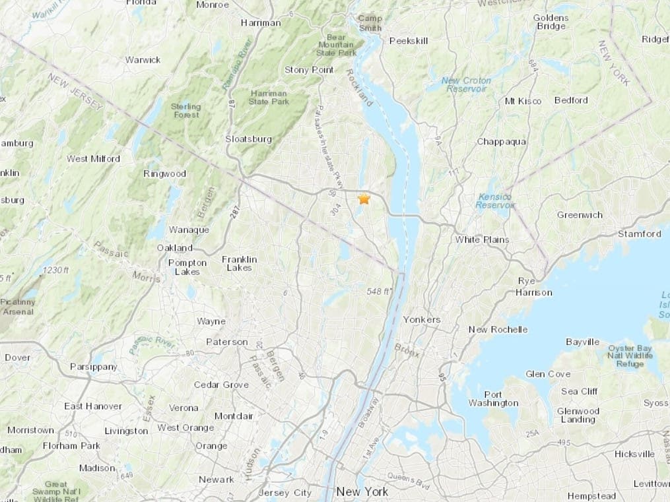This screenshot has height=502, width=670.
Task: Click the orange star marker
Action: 364,199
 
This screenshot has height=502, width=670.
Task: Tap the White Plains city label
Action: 482,239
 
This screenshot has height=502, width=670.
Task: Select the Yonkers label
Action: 421,320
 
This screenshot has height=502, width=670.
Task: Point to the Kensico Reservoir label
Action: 494,201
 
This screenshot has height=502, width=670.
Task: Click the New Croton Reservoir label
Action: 467,84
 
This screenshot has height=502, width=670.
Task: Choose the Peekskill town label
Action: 409,41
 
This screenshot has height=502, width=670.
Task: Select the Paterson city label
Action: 226,342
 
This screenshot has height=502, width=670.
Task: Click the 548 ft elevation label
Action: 380,291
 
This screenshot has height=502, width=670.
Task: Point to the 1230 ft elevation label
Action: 55,270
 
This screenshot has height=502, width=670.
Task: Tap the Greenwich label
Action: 580,215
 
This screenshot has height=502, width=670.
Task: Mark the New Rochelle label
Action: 498,329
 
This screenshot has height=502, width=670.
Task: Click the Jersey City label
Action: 285,493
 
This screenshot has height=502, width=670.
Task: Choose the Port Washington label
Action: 493,399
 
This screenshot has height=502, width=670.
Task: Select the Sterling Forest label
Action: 185,110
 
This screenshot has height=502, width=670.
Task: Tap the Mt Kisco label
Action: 523,101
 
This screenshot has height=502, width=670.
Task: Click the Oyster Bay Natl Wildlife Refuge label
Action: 630,356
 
